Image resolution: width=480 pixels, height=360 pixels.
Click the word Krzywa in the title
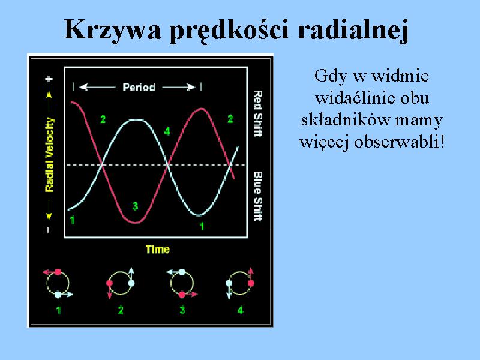(x=113, y=30)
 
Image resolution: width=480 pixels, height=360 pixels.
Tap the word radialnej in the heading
(x=353, y=30)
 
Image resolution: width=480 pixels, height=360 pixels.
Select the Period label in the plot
(x=139, y=88)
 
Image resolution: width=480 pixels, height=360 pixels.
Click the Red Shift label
(x=258, y=113)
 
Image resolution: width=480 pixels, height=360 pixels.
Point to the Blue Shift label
(x=258, y=196)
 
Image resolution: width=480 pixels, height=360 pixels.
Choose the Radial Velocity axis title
(x=49, y=155)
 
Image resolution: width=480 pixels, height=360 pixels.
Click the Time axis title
(x=157, y=249)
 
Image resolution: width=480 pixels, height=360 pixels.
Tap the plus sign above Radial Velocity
(x=49, y=79)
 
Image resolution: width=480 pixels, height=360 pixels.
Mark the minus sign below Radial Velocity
(x=49, y=230)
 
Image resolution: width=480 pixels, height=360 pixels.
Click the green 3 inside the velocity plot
(x=135, y=206)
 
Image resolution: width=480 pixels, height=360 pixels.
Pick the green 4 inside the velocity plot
(x=167, y=131)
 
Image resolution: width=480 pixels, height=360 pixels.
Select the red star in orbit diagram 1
(x=58, y=272)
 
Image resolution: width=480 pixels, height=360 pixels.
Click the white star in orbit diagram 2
(x=131, y=283)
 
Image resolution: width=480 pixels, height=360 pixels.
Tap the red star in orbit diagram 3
(x=182, y=295)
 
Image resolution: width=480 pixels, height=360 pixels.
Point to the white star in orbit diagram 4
(x=229, y=283)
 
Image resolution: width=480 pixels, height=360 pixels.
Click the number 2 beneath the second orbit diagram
(x=121, y=310)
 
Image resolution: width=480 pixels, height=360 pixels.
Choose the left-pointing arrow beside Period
(x=97, y=88)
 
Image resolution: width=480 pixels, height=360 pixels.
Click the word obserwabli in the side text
(x=397, y=142)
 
